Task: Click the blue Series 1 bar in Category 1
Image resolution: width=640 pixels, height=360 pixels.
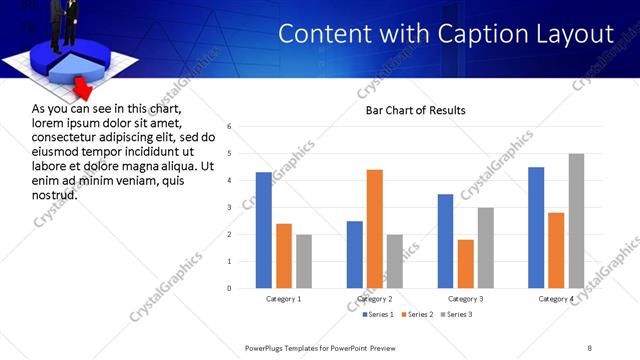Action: coord(264,230)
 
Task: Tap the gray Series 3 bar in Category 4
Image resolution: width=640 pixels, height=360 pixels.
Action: coord(576,221)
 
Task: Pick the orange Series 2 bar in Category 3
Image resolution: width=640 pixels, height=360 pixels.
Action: coord(466,264)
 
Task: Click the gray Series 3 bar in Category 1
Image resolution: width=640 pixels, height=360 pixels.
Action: coord(304,261)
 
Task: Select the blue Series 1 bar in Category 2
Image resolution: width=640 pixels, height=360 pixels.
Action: coord(355,254)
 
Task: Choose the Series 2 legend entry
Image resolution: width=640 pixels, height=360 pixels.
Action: coord(417,315)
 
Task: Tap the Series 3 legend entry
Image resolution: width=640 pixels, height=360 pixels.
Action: coord(458,315)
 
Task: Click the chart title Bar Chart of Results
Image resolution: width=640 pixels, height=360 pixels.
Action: coord(415,110)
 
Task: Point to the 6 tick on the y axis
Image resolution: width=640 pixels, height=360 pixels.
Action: coord(230,127)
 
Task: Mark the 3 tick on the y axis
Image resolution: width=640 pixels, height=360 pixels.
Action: coord(230,208)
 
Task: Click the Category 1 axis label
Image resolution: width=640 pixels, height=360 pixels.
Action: coord(284,299)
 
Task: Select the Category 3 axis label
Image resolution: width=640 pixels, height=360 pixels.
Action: coord(466,299)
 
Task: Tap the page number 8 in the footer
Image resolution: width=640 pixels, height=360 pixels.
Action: coord(590,347)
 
